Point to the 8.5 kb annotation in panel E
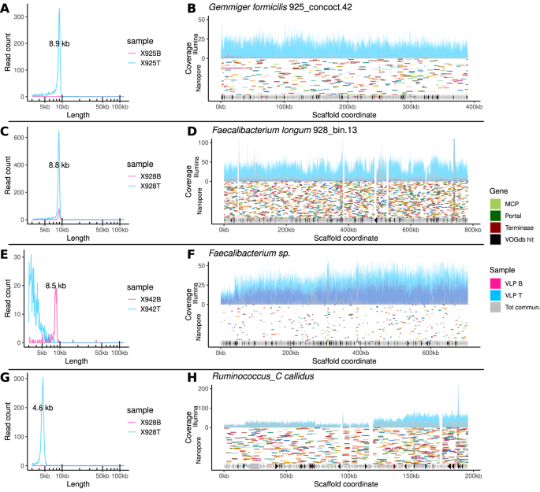click(56, 287)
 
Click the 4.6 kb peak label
click(43, 408)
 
